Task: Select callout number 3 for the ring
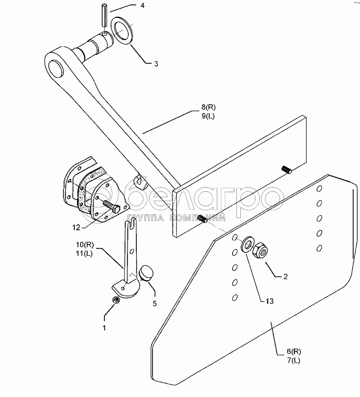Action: pos(156,64)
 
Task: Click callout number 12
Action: pos(76,227)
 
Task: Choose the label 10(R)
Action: pos(85,245)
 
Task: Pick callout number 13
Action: pos(270,301)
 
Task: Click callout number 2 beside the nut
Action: pos(285,277)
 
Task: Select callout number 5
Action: pos(155,303)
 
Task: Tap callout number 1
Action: pos(104,328)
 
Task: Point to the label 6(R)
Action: pos(294,352)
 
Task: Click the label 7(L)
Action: pos(294,361)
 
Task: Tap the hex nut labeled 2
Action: pos(260,251)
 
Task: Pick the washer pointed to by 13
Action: pos(248,245)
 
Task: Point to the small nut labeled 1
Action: pos(116,300)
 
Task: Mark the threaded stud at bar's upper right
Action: pos(287,170)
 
